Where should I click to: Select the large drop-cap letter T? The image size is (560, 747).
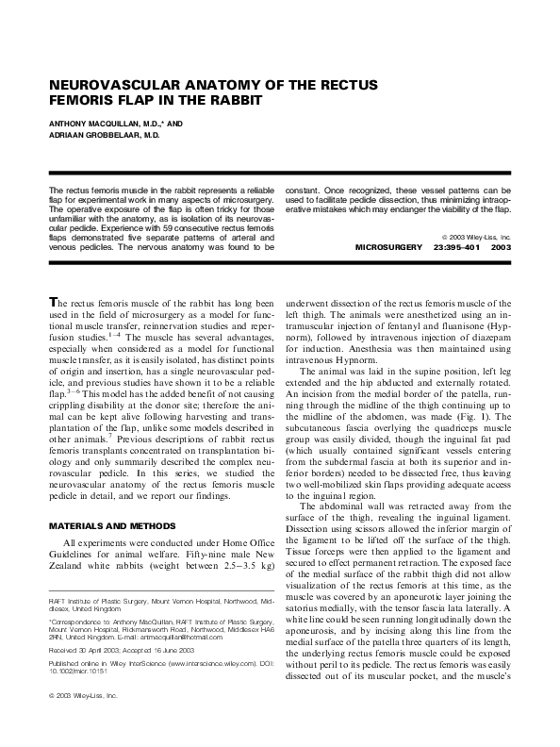click(x=55, y=302)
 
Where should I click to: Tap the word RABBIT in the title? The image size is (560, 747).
click(x=223, y=100)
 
